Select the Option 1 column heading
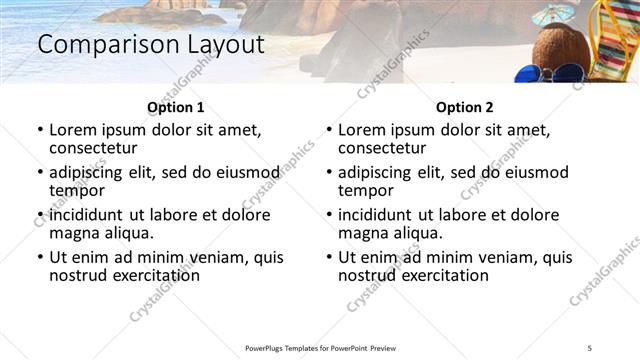[x=175, y=107]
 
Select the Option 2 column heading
[x=464, y=107]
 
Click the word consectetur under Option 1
[x=97, y=149]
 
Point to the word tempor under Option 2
[x=364, y=191]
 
